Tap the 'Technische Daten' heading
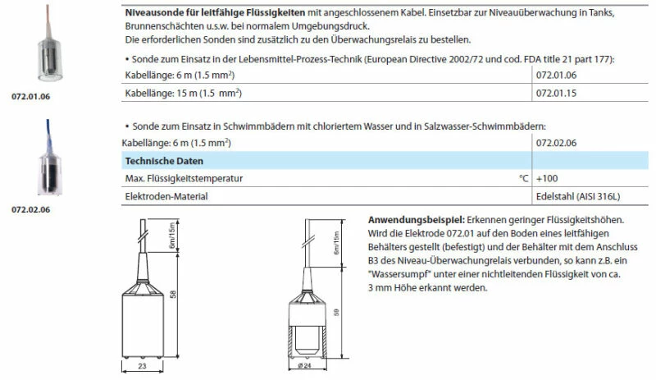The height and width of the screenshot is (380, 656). (164, 160)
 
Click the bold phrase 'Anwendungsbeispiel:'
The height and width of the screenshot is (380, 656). (417, 221)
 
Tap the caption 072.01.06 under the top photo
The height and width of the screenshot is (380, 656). (30, 96)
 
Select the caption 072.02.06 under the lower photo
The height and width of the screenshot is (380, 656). (30, 210)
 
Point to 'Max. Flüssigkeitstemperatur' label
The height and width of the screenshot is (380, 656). (184, 178)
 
